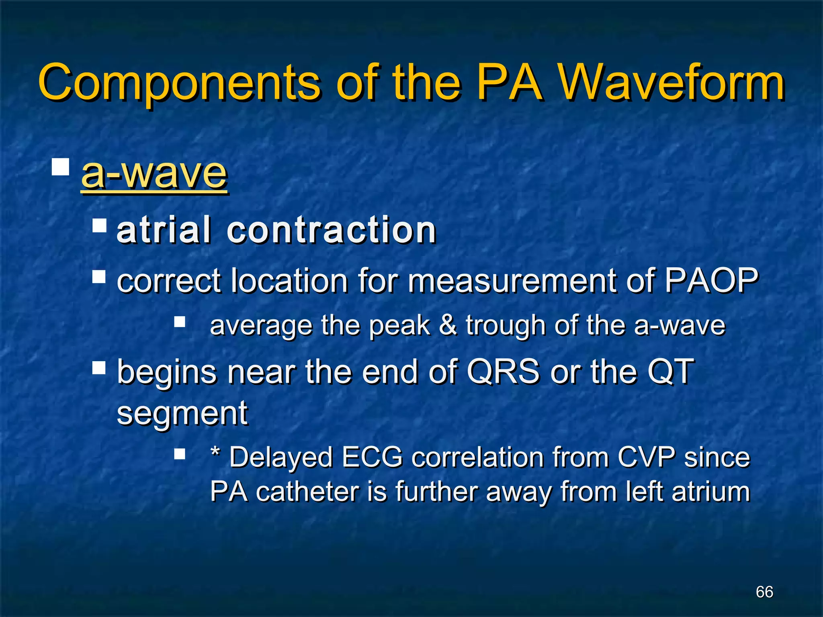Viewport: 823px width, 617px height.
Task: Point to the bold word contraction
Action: pyautogui.click(x=332, y=231)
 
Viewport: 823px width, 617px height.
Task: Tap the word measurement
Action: pyautogui.click(x=512, y=281)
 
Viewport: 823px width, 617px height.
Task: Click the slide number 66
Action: pyautogui.click(x=764, y=592)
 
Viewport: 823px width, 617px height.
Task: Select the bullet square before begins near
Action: pyautogui.click(x=99, y=368)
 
